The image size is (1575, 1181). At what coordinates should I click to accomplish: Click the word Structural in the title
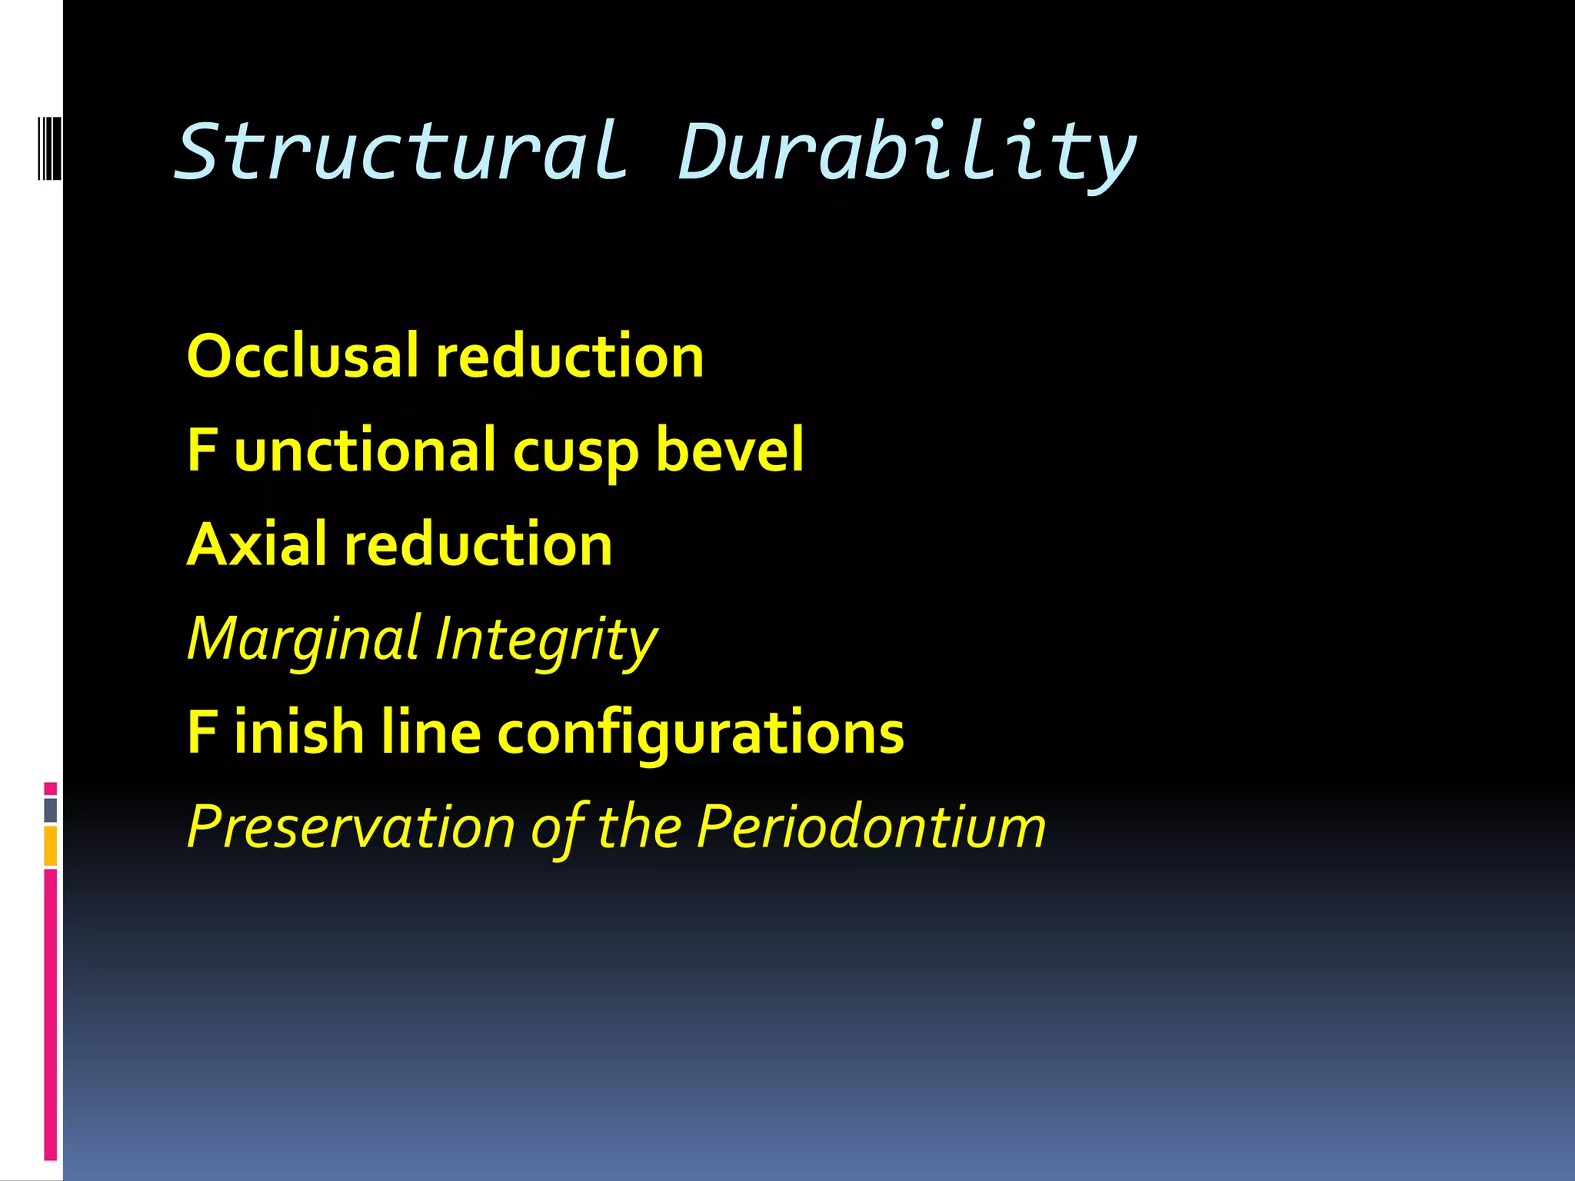pos(400,151)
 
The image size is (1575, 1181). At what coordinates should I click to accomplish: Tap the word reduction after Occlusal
pos(569,357)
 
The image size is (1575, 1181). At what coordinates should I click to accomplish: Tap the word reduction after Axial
pos(478,545)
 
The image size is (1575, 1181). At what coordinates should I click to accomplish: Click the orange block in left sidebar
pos(51,846)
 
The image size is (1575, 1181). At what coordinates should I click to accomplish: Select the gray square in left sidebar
pos(51,810)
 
